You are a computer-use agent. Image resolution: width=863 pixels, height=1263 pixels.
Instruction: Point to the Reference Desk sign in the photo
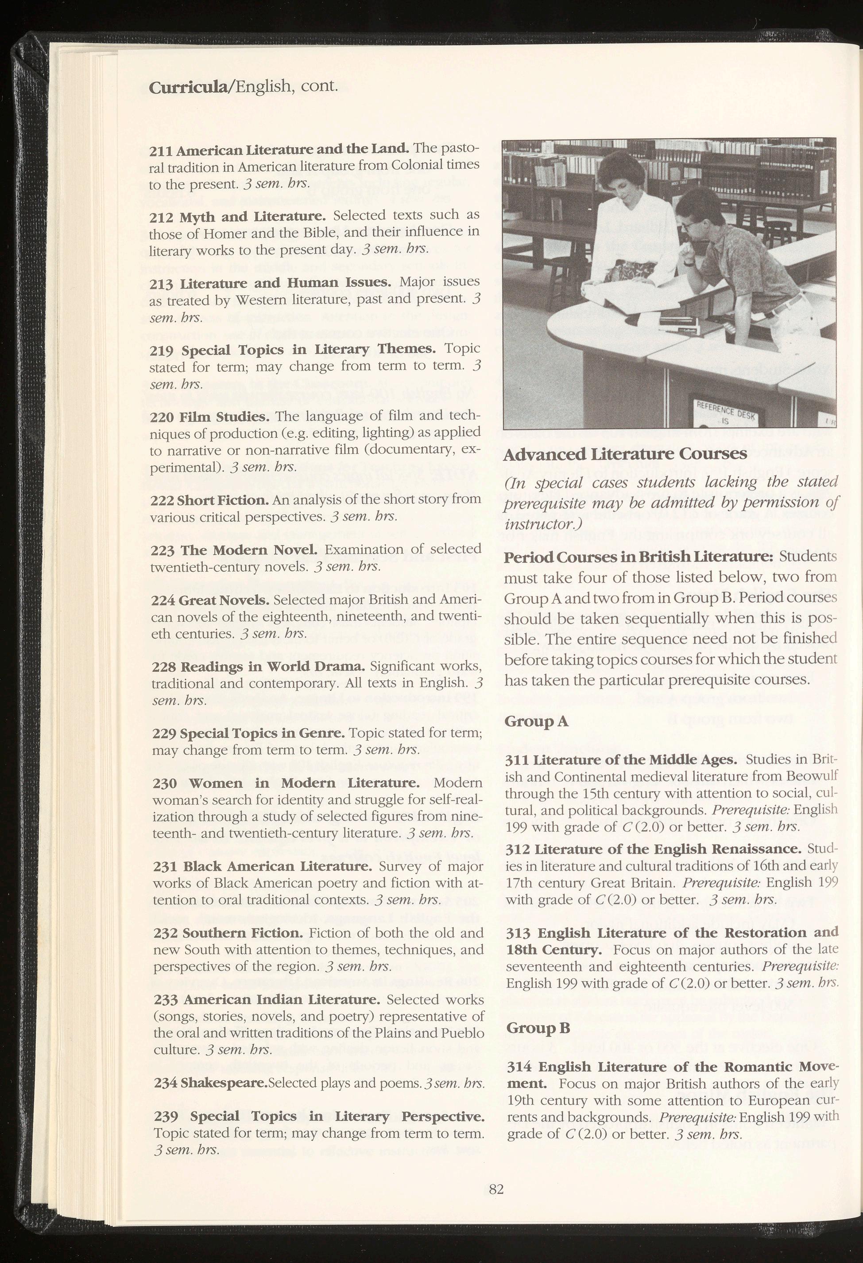click(x=721, y=415)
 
